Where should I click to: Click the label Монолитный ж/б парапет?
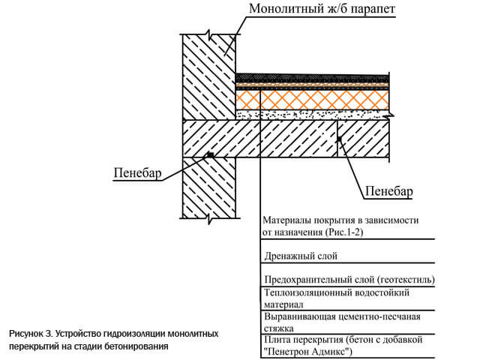[x=322, y=8]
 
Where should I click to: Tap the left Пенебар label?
[x=137, y=173]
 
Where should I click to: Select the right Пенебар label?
[x=389, y=191]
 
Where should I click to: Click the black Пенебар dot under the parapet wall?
[x=211, y=155]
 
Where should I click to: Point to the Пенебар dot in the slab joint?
[x=339, y=139]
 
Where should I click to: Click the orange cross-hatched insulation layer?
[x=312, y=100]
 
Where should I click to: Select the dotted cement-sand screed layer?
[x=312, y=115]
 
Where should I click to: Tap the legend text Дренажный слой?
[x=301, y=256]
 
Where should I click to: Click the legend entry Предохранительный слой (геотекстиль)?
[x=349, y=280]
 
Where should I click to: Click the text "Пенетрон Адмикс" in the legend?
[x=308, y=351]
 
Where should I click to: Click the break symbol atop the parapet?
[x=208, y=34]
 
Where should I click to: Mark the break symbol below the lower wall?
[x=209, y=218]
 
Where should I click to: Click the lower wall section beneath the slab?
[x=209, y=187]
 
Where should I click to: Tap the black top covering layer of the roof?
[x=312, y=77]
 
